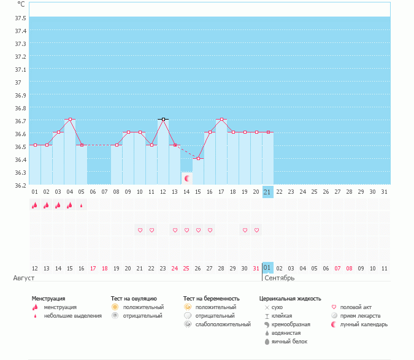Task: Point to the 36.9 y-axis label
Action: point(20,95)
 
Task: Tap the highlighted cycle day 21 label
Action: point(267,192)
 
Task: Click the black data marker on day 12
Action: point(163,119)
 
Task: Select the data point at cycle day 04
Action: point(70,119)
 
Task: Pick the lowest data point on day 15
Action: point(197,158)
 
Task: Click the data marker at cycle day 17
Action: point(221,119)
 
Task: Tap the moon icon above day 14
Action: point(186,178)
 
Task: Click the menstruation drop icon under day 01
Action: point(35,205)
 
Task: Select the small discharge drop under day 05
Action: point(81,206)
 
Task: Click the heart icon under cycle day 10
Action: point(140,230)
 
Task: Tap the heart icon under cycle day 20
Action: point(256,230)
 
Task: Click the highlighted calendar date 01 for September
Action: point(267,268)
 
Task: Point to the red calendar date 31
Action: point(256,268)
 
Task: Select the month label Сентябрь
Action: point(279,278)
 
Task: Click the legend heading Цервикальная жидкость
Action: point(290,299)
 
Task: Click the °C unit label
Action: point(21,4)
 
